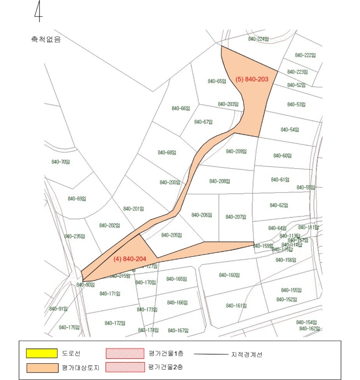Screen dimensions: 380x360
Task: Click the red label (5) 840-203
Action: tap(252, 79)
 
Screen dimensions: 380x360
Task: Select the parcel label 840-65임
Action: tap(217, 81)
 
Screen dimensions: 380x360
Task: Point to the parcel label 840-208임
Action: tap(219, 181)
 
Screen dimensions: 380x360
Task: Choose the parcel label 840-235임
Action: tap(75, 236)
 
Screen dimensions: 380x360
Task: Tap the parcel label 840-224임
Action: tap(258, 39)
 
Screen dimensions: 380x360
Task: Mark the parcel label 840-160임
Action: tap(229, 275)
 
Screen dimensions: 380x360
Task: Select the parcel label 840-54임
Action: tap(290, 130)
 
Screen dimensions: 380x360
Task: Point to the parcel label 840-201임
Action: tap(133, 208)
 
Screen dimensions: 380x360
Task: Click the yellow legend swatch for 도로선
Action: tap(41, 353)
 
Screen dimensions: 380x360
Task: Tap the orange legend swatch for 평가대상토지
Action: tap(41, 368)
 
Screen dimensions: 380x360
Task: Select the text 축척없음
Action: tap(46, 40)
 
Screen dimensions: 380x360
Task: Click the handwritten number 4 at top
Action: tap(38, 12)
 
